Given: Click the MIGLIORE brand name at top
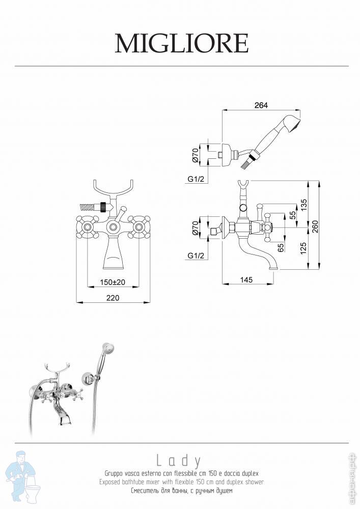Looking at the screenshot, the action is point(182,43).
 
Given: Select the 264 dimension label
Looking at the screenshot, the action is point(261,105).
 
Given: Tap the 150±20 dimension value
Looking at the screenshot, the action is point(113,282).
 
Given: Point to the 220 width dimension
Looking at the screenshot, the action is point(113,298).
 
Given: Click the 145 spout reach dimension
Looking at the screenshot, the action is point(246,279).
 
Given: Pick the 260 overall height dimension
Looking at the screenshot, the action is point(315,227).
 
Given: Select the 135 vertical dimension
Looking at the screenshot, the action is point(303,205).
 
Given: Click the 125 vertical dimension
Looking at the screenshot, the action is point(303,248).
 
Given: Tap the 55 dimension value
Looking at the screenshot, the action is point(292,215).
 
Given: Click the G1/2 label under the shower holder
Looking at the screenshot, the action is point(196,179).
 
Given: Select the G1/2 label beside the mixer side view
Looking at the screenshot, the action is point(196,256).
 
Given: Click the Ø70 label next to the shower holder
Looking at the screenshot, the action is point(195,155).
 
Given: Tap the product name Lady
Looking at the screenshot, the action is point(179,461).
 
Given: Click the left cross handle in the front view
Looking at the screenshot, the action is point(87,227).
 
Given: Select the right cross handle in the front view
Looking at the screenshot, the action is point(139,227).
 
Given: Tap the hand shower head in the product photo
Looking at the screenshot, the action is point(108,349).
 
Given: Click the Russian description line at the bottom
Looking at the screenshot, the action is point(182,491).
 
